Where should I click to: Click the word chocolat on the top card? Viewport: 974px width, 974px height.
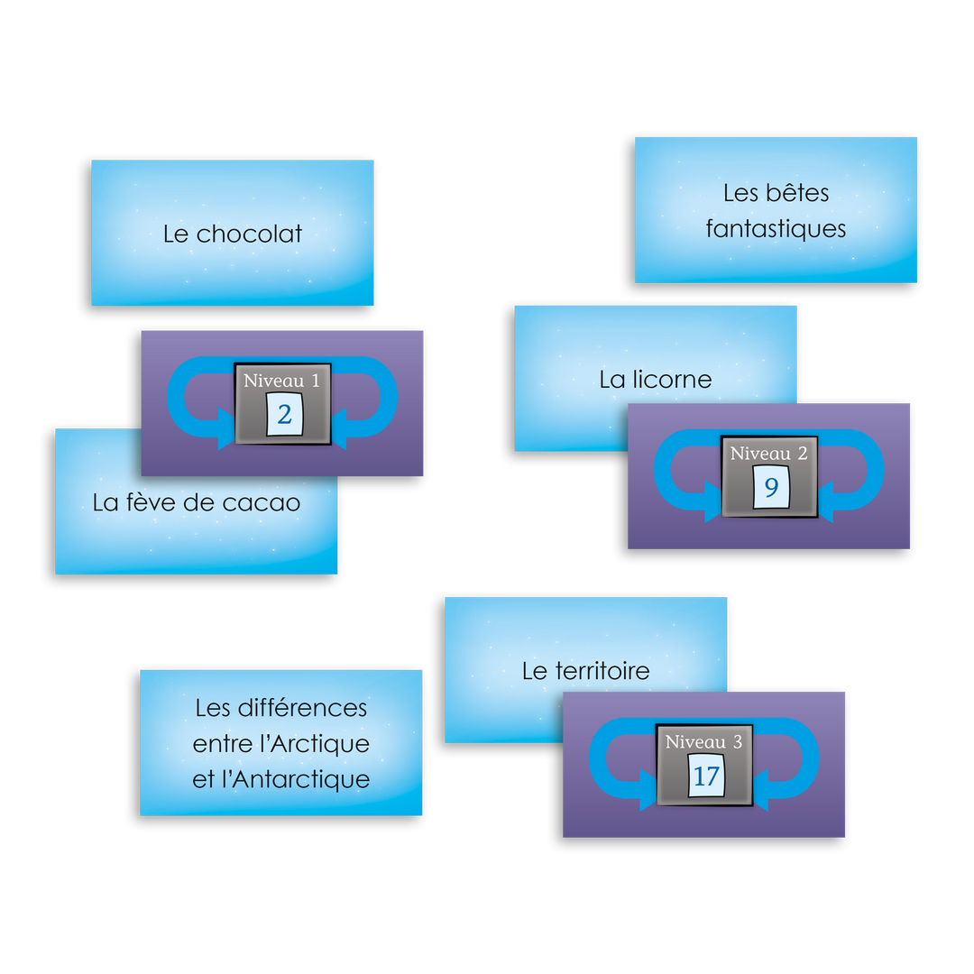pyautogui.click(x=249, y=234)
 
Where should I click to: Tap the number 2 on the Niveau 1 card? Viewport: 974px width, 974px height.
pyautogui.click(x=284, y=415)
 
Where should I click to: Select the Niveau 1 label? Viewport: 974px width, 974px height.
pyautogui.click(x=282, y=381)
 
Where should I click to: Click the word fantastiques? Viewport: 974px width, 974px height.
pyautogui.click(x=776, y=229)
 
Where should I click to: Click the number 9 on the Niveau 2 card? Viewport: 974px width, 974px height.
pyautogui.click(x=771, y=488)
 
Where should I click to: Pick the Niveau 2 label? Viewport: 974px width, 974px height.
pyautogui.click(x=769, y=453)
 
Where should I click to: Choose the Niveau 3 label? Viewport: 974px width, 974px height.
pyautogui.click(x=704, y=743)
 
